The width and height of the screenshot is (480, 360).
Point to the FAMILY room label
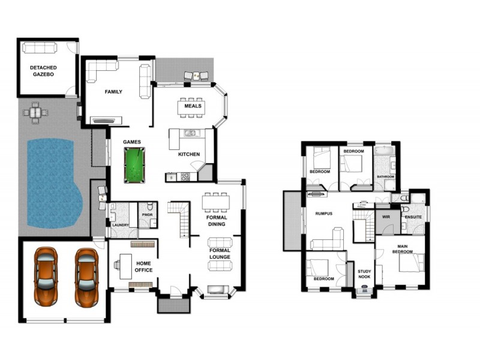point(113,92)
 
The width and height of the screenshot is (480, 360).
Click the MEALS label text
point(193,106)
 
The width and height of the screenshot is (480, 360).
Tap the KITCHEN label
point(189,154)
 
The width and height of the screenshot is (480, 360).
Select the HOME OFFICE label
point(144,267)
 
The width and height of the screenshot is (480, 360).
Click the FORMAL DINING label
point(216,221)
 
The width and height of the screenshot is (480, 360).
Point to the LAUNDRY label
point(121,226)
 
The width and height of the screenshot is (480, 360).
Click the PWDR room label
point(146,214)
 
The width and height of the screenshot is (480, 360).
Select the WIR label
point(386,215)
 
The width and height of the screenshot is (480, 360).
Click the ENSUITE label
point(413,217)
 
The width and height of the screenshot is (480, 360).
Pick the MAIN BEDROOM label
point(402,249)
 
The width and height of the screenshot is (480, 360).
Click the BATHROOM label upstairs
point(385,176)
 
